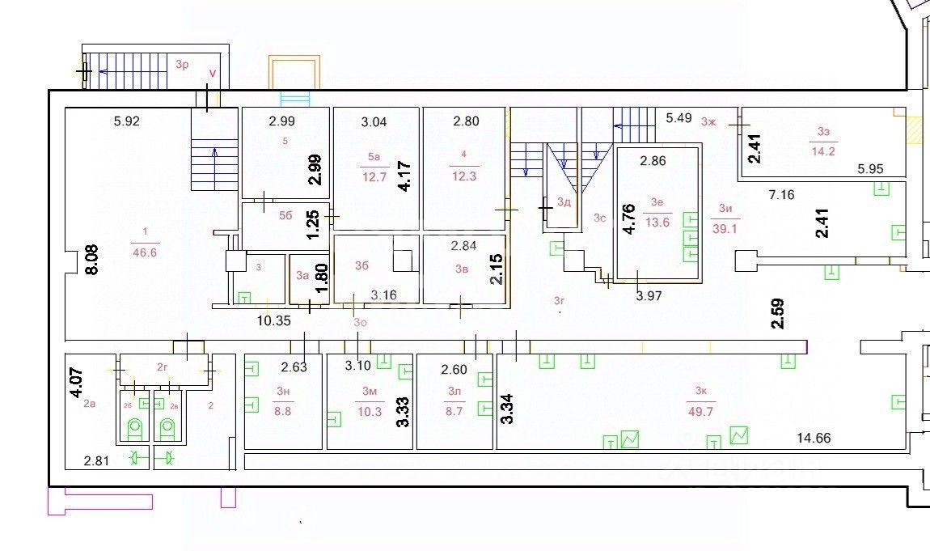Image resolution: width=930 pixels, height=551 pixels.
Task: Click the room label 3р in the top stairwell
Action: [x=181, y=64]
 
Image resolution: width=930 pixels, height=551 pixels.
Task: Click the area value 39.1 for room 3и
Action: [x=725, y=229]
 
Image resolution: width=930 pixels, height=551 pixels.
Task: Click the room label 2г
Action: [x=163, y=367]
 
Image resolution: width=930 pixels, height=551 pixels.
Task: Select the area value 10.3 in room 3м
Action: [x=370, y=411]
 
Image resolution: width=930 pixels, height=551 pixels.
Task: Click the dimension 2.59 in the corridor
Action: [x=778, y=313]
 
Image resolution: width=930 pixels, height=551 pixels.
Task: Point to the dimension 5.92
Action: [x=127, y=122]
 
